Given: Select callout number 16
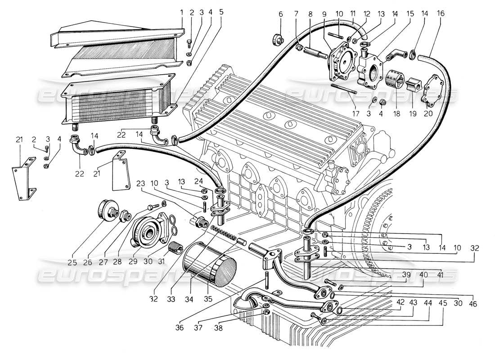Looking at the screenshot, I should (x=441, y=13).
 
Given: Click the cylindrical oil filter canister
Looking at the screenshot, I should (x=210, y=265).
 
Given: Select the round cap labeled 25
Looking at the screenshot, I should (x=108, y=210).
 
